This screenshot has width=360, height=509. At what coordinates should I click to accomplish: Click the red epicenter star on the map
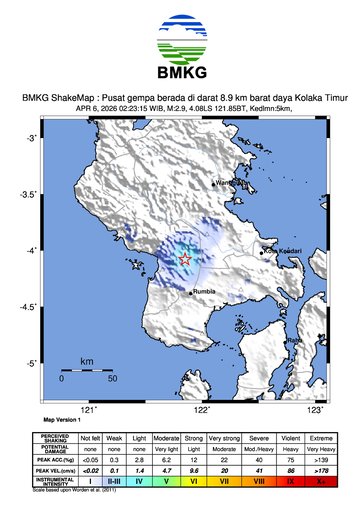coord(185,259)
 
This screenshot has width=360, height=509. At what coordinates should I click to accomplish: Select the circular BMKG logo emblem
coord(180,44)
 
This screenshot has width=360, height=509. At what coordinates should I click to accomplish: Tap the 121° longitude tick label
coord(88,409)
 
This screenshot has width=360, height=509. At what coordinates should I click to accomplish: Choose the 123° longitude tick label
coord(316,409)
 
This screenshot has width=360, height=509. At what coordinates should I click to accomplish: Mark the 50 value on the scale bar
coord(112,380)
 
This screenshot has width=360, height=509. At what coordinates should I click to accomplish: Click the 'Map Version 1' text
coord(63,421)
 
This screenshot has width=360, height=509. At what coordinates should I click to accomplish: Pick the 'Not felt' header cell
coord(90,438)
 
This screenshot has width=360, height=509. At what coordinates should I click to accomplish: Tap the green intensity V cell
coord(167,481)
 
